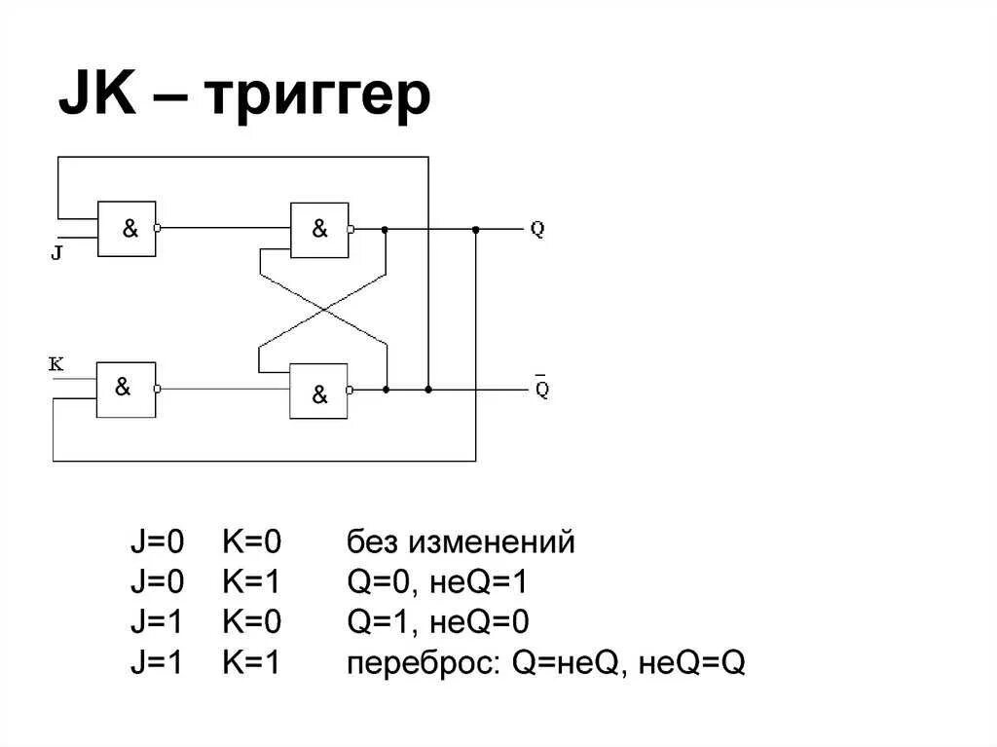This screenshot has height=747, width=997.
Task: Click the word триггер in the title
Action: point(317,96)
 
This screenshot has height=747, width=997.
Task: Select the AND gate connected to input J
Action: point(127,229)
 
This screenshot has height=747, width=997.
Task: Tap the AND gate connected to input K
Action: point(126,389)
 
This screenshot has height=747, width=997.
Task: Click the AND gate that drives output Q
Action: point(319,230)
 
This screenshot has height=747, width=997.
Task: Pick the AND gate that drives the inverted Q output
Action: point(318,392)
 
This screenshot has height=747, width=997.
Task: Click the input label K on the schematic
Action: point(55,364)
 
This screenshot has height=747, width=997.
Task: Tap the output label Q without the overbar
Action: point(537,230)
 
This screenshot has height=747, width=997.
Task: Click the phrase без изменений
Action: point(461,542)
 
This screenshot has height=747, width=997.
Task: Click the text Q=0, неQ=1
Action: point(437,583)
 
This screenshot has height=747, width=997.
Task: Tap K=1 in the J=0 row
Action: point(251,583)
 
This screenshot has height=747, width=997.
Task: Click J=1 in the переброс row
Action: point(157,664)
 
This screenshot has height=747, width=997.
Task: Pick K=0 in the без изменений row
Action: point(251,542)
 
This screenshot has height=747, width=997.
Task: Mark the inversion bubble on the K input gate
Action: point(159,389)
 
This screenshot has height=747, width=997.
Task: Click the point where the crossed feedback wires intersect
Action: point(322,311)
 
